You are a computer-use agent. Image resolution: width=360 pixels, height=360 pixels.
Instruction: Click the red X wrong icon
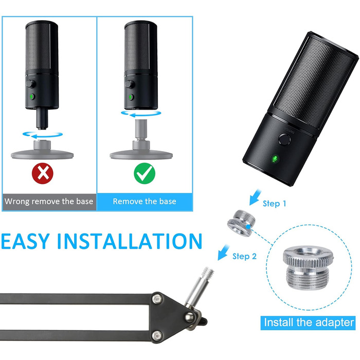coord(43,173)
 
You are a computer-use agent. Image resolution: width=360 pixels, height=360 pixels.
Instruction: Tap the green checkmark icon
coord(145,173)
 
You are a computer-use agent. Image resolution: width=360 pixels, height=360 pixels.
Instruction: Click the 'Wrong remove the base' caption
coord(49,202)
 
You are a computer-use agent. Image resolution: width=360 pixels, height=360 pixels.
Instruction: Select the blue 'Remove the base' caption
coord(145,202)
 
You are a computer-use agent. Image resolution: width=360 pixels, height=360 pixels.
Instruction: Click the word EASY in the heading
coord(25,241)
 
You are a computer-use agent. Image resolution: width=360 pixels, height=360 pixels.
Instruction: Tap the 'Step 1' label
coord(274,204)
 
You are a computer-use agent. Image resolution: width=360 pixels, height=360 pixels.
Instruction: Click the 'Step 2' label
coord(244,256)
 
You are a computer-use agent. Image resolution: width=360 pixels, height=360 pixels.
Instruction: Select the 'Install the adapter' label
coord(309,322)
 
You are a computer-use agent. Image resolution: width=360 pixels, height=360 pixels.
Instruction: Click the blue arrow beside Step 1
coord(255,197)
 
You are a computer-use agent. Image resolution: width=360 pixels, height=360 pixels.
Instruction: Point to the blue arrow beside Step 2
coord(223,252)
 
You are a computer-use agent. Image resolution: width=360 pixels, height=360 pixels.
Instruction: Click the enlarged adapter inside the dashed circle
coord(309,267)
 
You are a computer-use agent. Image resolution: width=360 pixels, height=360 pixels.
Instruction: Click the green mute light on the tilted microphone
coord(275,158)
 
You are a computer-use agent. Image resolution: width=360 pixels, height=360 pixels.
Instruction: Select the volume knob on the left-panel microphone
coord(30,83)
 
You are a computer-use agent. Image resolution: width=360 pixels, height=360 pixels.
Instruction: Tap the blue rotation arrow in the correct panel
coord(141,113)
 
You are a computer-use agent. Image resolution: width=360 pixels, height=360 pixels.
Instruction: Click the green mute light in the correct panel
coord(131,97)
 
